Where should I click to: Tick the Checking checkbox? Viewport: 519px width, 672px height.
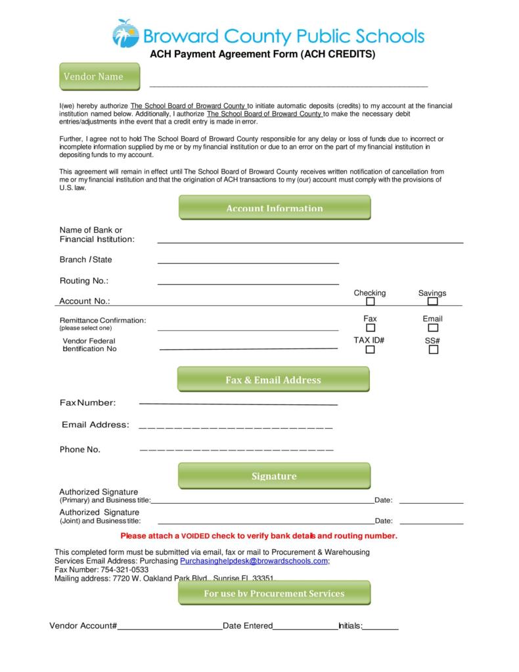[x=370, y=302]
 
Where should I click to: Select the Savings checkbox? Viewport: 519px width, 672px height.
[x=432, y=302]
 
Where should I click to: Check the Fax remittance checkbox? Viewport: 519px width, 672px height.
[x=370, y=327]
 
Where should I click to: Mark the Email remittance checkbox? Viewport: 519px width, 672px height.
[x=432, y=327]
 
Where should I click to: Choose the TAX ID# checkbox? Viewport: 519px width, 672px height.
[x=370, y=350]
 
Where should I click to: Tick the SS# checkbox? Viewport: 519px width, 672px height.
[x=433, y=350]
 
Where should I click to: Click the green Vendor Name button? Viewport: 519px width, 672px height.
[x=100, y=76]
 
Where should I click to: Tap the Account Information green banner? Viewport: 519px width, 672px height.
[x=274, y=208]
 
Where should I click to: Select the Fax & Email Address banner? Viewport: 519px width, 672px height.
[x=273, y=379]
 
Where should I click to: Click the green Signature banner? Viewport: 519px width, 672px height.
[x=274, y=475]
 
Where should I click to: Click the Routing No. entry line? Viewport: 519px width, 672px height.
[x=248, y=283]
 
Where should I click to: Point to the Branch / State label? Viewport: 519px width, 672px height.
[x=85, y=260]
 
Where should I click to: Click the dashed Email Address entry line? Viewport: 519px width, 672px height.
[x=235, y=428]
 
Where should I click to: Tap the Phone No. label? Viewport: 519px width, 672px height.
[x=79, y=450]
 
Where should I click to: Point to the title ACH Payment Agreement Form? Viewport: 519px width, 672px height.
[x=262, y=55]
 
